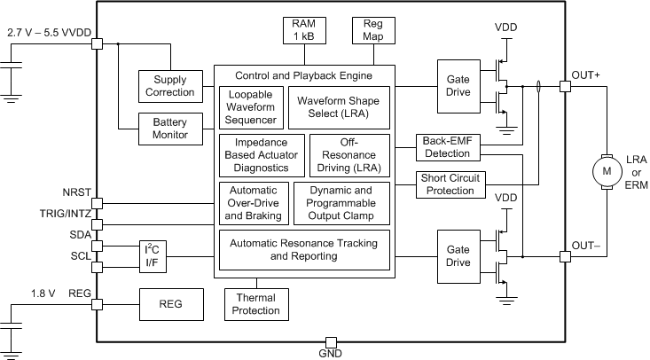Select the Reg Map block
(x=367, y=29)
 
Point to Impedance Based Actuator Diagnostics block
(x=262, y=154)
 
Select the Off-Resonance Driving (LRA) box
(x=348, y=154)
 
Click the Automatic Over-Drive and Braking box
(x=253, y=203)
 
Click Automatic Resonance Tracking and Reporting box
(x=303, y=249)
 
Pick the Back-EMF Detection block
(x=448, y=147)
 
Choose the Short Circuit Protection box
(x=448, y=185)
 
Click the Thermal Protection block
(x=255, y=304)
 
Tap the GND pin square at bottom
(x=330, y=341)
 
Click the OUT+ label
(x=585, y=74)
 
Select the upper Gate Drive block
(x=458, y=86)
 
